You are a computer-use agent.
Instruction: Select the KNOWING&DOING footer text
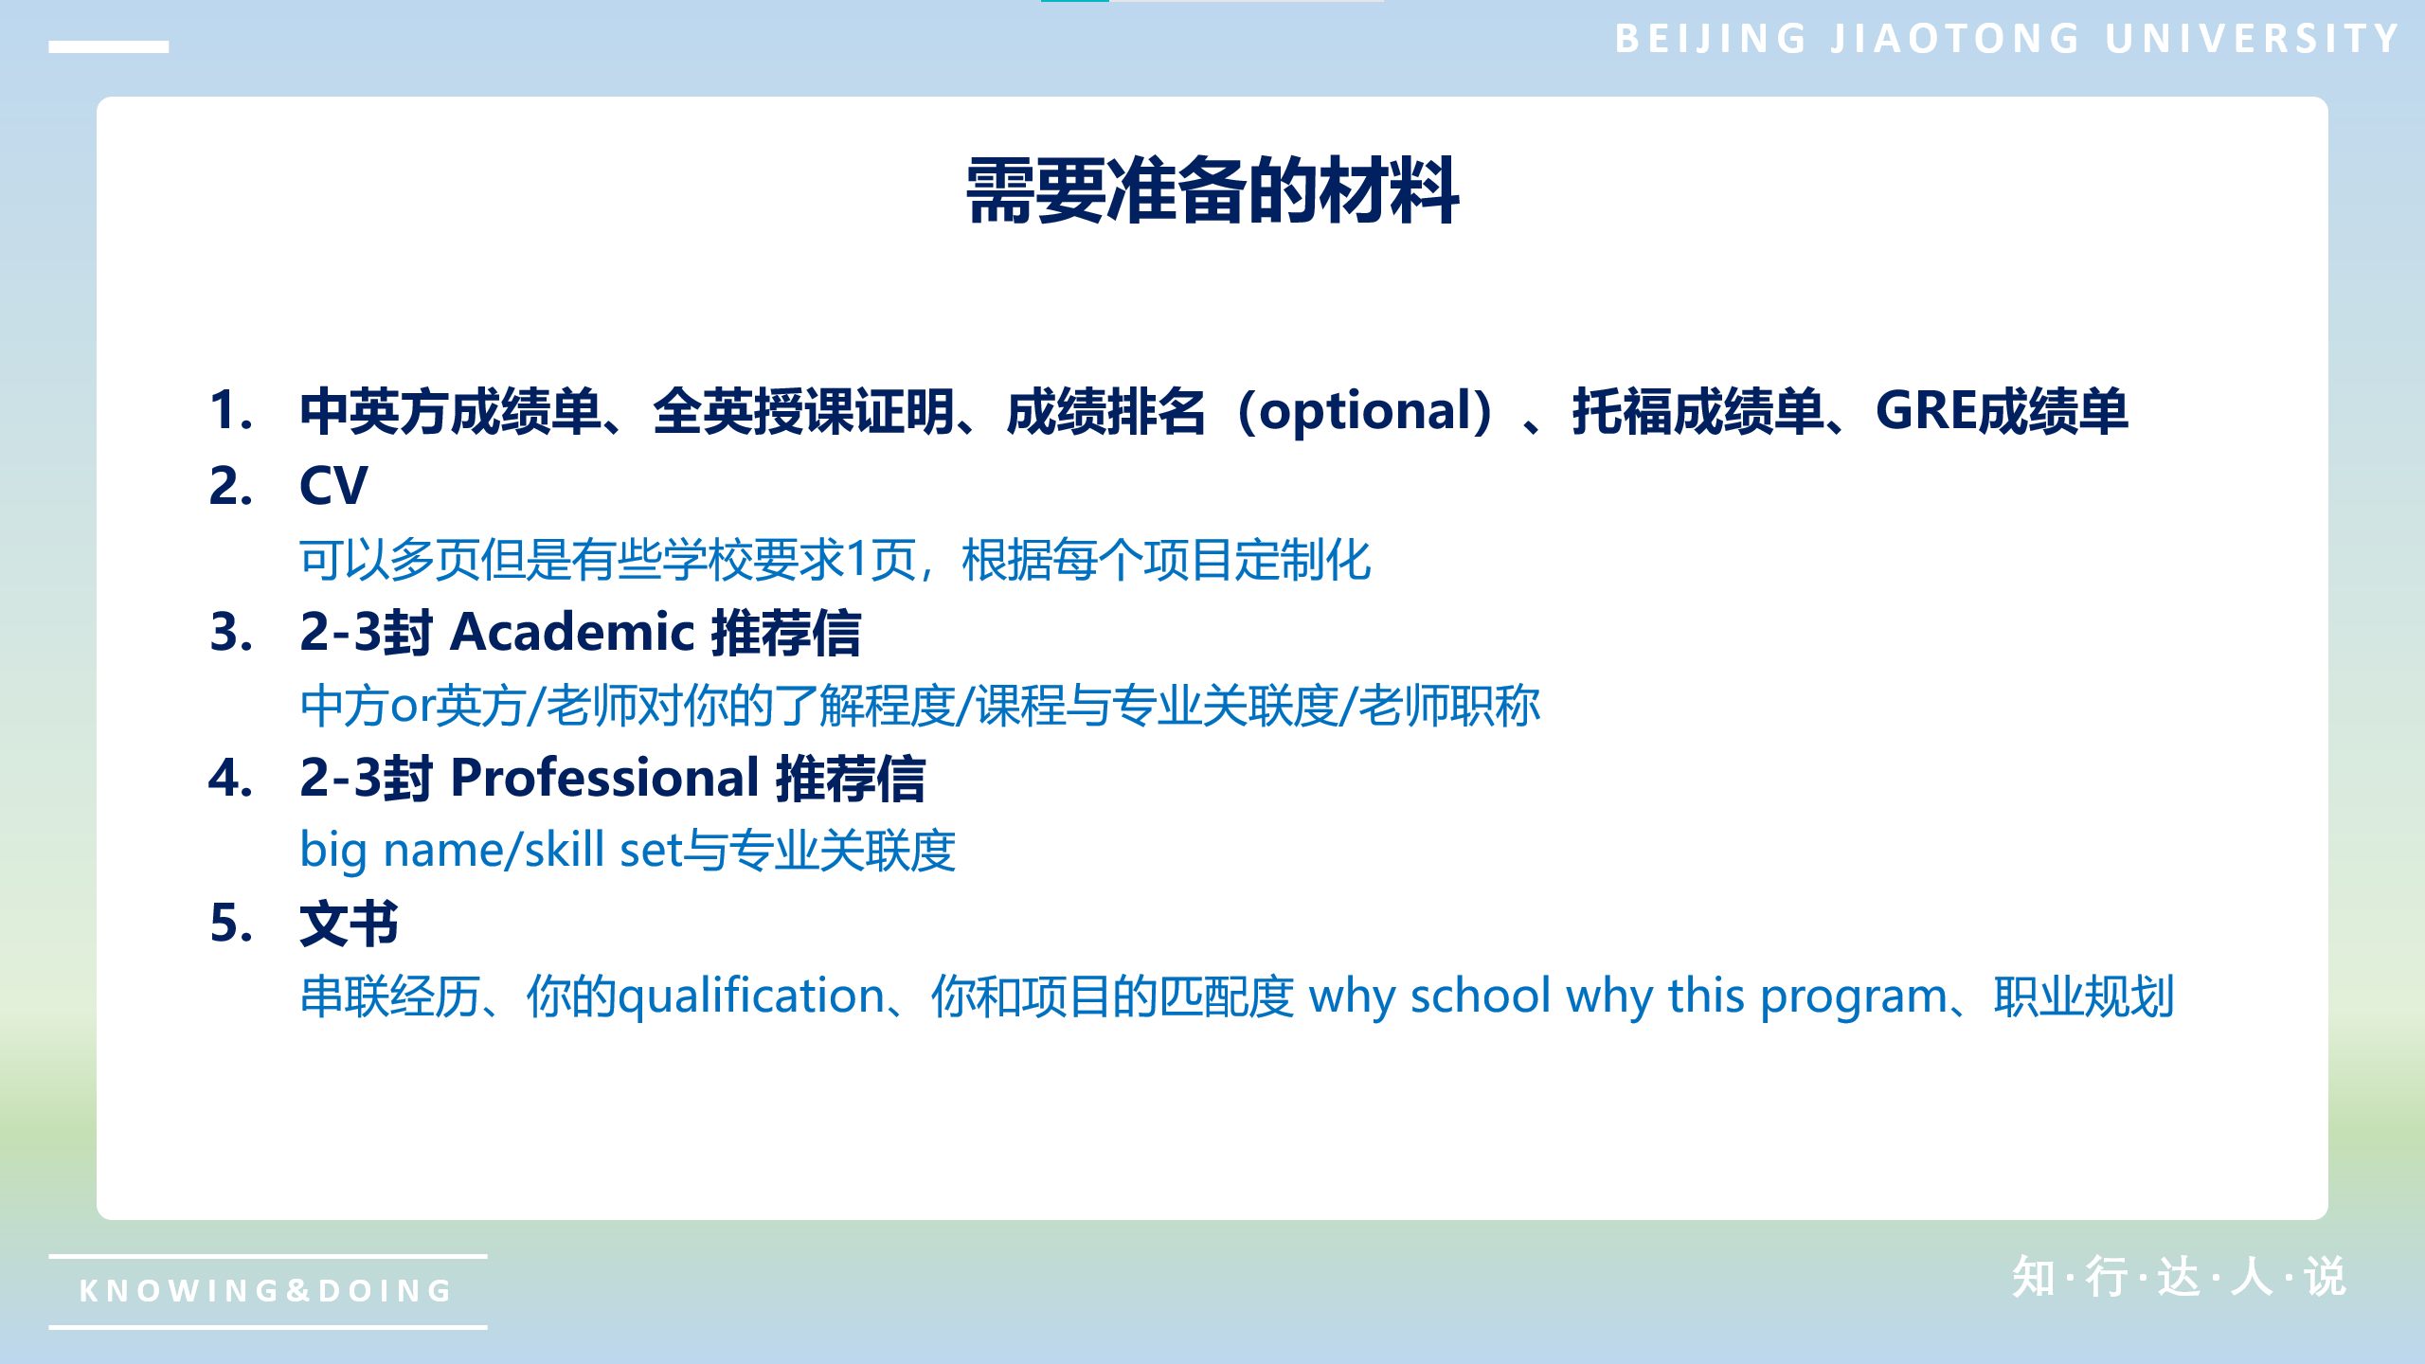[266, 1290]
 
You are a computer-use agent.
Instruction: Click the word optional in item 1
[1364, 411]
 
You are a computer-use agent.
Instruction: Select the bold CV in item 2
[333, 486]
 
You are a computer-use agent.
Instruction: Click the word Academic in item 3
[573, 632]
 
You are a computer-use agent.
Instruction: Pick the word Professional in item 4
[605, 778]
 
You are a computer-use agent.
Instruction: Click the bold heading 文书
[350, 924]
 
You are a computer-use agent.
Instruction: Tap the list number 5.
[231, 924]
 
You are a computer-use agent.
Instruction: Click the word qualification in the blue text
[751, 996]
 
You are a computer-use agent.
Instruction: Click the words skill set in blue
[603, 850]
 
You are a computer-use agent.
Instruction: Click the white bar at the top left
[109, 46]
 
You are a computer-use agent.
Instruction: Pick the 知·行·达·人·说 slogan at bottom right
[2180, 1277]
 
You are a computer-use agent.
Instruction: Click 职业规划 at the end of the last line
[2084, 996]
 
